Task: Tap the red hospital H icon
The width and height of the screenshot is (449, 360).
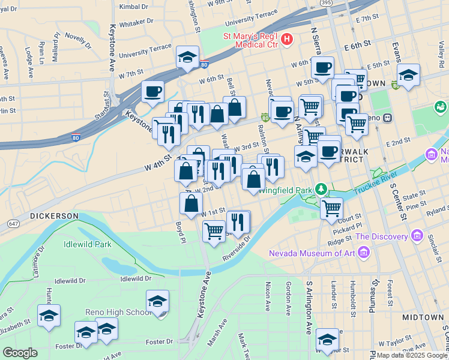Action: (x=287, y=40)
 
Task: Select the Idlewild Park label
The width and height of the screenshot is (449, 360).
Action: (x=88, y=244)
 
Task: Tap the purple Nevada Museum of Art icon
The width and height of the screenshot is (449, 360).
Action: (x=363, y=253)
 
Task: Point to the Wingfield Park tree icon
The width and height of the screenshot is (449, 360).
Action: (x=322, y=190)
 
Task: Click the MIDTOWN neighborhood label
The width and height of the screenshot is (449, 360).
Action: (x=423, y=317)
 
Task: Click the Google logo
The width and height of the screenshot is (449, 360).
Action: (x=20, y=353)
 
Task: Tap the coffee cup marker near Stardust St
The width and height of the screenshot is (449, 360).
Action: (x=152, y=92)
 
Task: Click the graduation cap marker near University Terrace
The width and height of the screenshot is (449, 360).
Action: (x=187, y=58)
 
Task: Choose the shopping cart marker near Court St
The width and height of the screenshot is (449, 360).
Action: (x=331, y=208)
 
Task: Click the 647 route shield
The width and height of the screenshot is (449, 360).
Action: (x=13, y=224)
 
